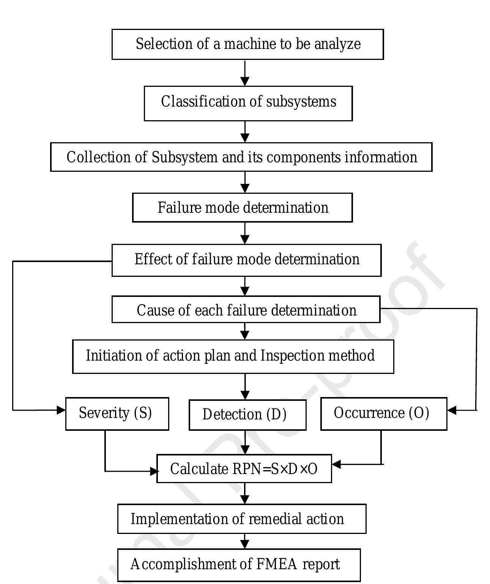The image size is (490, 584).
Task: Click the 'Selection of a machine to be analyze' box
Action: tap(247, 44)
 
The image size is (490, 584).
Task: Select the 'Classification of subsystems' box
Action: tap(248, 103)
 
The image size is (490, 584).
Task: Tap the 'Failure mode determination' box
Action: tap(242, 207)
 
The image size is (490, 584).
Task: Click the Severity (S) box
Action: tap(117, 413)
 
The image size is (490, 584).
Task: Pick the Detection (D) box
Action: tap(247, 414)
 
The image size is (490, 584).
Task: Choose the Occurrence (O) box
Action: tap(383, 413)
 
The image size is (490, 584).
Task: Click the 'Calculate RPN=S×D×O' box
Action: tap(244, 469)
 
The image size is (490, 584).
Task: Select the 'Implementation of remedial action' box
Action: tap(241, 519)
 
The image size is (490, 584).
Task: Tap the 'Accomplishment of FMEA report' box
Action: tap(238, 565)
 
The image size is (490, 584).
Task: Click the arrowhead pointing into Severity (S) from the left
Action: tap(61, 410)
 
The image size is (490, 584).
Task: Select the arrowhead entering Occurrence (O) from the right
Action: tap(452, 410)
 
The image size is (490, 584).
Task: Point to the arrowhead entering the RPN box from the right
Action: tap(336, 464)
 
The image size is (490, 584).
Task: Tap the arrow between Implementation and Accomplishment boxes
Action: tap(245, 542)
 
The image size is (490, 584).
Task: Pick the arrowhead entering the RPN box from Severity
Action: tap(154, 471)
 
